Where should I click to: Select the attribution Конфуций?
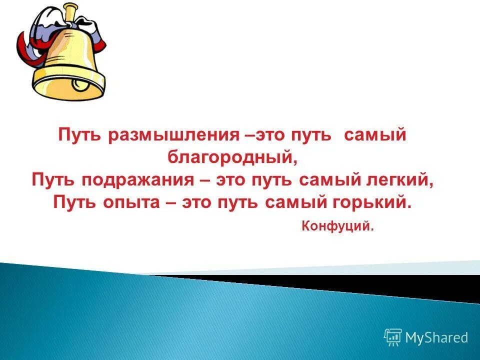click(337, 226)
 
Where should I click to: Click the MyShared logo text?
click(436, 338)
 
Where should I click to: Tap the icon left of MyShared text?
click(393, 338)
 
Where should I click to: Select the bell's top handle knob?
click(69, 10)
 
